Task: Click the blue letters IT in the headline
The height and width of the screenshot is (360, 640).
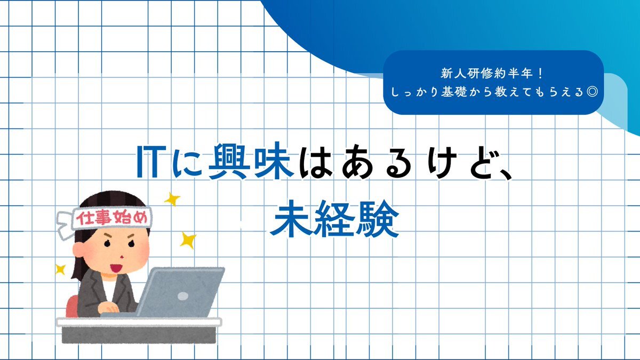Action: pos(151,162)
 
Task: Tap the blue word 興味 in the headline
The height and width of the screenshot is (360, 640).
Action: pos(251,162)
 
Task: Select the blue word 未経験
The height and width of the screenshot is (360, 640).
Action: pos(334,219)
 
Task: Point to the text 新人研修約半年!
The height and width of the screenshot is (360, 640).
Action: pos(491,74)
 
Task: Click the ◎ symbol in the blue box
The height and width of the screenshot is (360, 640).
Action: pos(591,92)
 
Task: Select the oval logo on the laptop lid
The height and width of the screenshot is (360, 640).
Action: pos(183,296)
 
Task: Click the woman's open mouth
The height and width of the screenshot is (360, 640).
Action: pos(116,268)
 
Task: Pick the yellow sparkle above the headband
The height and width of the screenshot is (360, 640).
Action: pos(172,199)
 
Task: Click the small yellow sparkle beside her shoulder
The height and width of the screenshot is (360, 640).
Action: pos(61,269)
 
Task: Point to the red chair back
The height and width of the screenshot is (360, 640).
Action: pos(71,306)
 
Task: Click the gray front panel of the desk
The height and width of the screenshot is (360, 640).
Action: pos(139,335)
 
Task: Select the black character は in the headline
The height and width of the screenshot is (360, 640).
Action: pos(316,162)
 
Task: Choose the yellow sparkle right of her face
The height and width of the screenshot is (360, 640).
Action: pos(188,241)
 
